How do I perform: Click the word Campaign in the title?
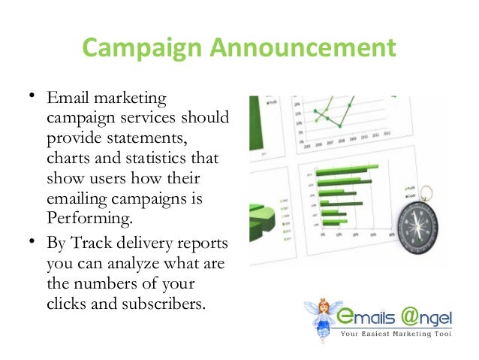tap(128, 49)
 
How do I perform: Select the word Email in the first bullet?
tap(66, 100)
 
